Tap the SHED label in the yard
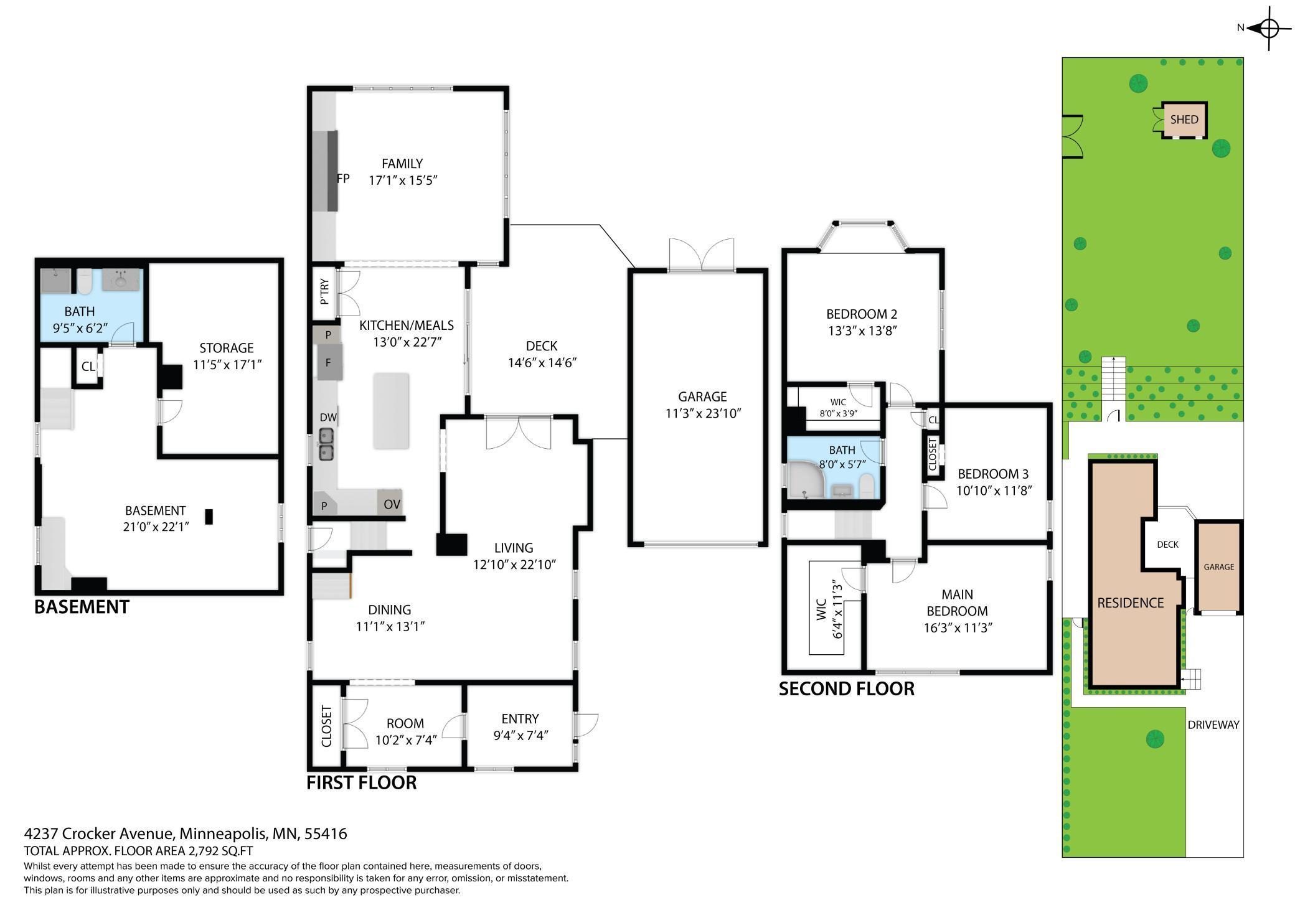tap(1184, 120)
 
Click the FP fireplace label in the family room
tap(343, 179)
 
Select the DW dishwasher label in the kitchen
tap(328, 417)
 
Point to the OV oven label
tap(392, 504)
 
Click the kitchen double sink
tap(327, 444)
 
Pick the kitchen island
tap(391, 411)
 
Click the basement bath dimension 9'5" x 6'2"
tap(80, 328)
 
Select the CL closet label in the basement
tap(88, 367)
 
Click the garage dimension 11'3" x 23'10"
tap(703, 413)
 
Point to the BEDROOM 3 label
tap(993, 474)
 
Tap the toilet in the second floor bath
tap(867, 485)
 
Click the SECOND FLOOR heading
tap(847, 689)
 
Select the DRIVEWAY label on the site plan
tap(1213, 725)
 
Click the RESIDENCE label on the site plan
tap(1131, 603)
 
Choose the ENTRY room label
tap(520, 719)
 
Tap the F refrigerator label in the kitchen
tap(328, 363)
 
